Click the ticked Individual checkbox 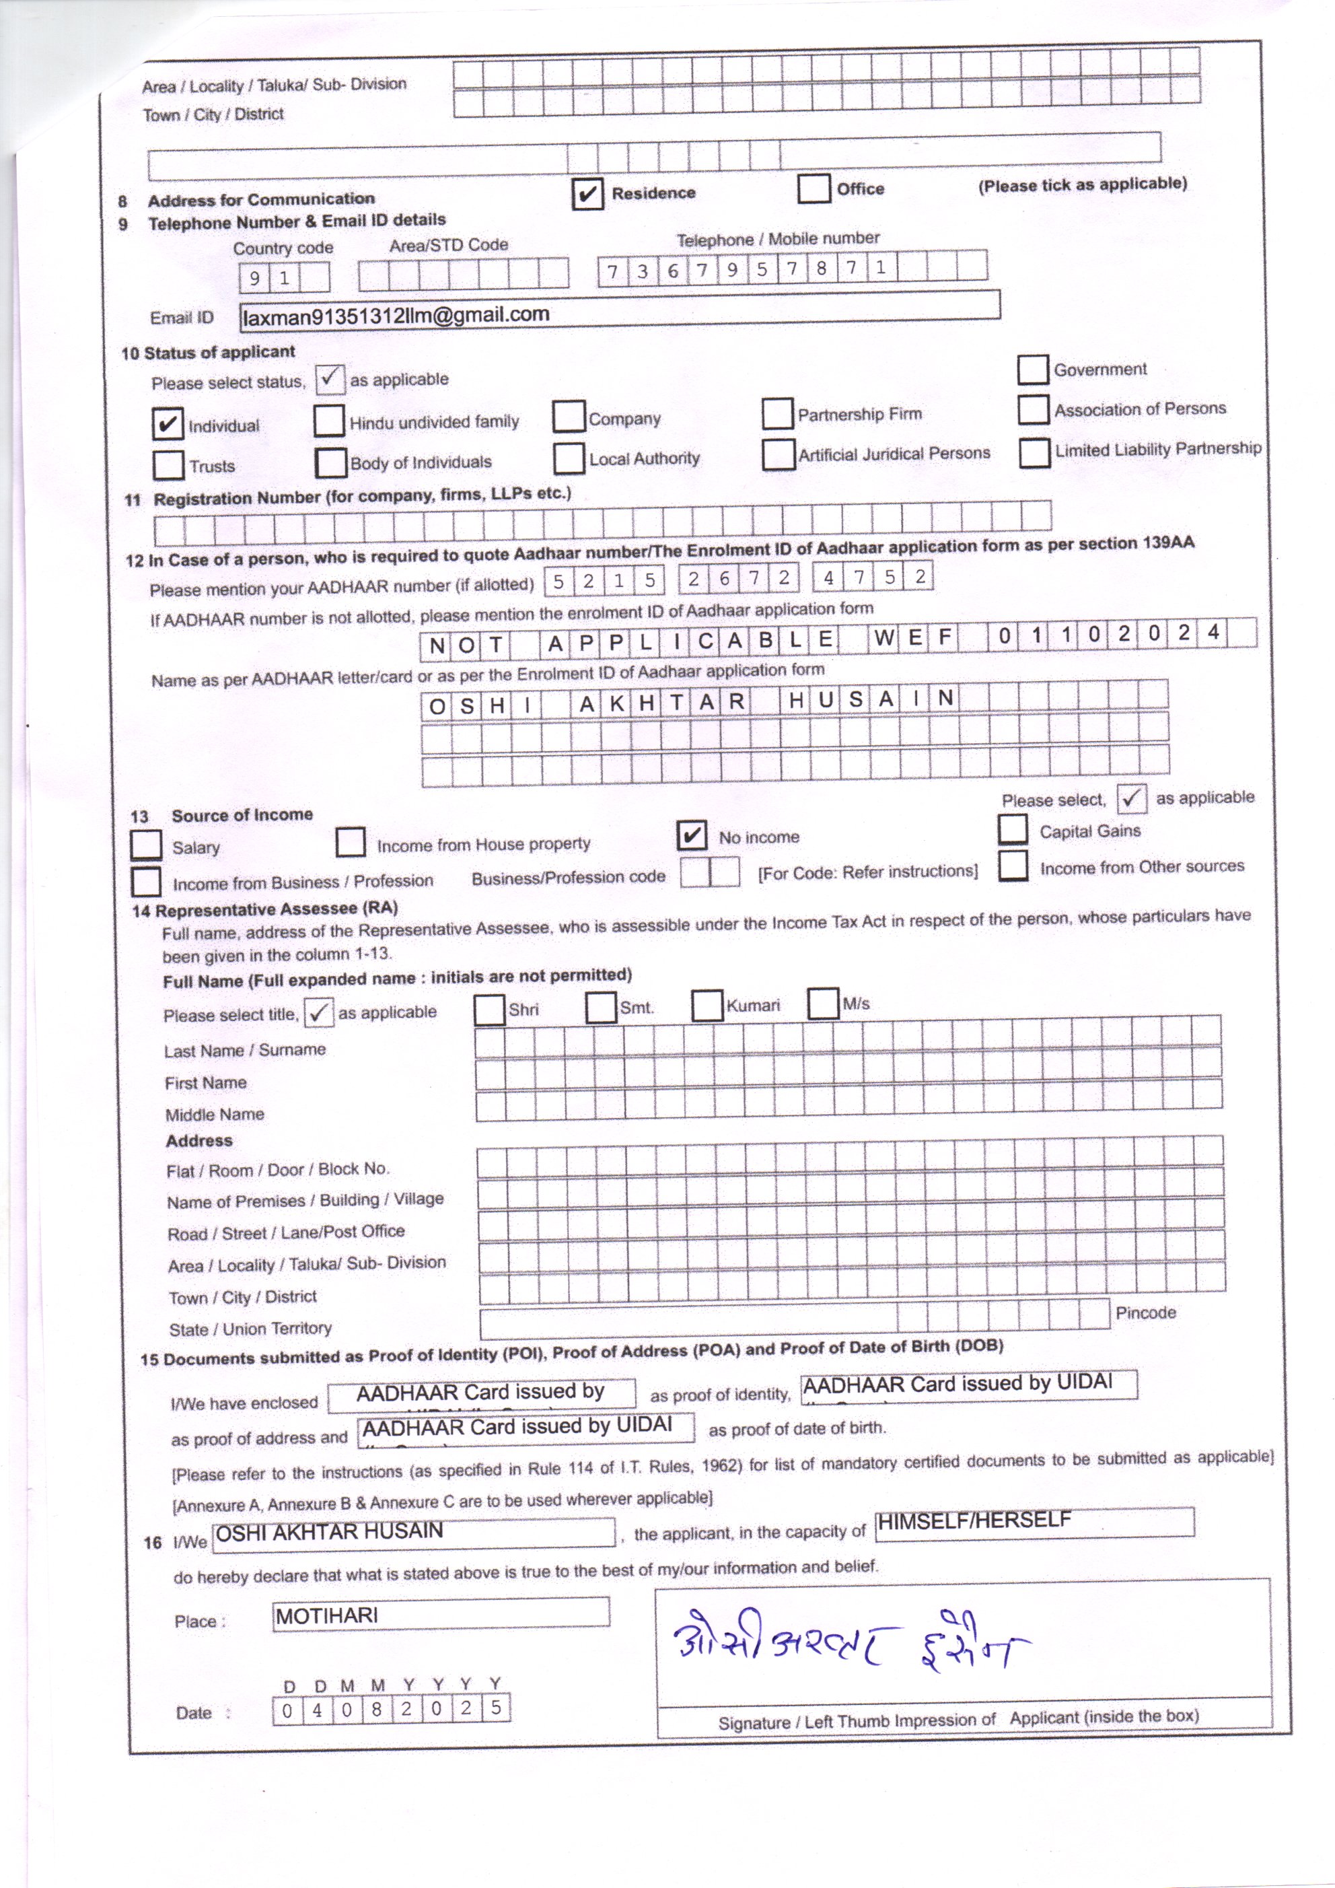168,423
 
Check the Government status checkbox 1032,370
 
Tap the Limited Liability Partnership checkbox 1034,452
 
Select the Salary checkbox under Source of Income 146,845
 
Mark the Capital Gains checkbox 1013,829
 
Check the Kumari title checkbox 706,1006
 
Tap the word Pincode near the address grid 1145,1313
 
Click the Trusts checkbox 168,464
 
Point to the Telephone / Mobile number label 778,240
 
